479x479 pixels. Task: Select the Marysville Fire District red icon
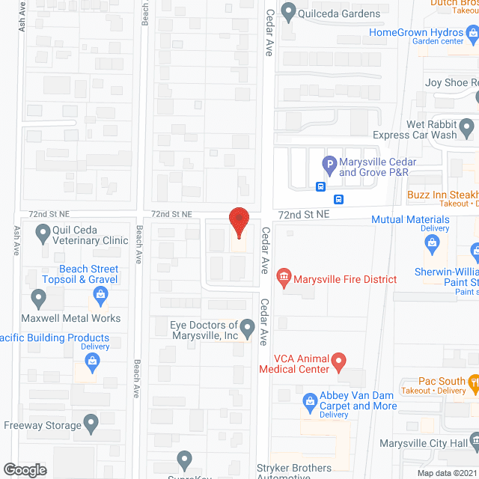(284, 279)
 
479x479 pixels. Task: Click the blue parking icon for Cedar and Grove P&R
(328, 162)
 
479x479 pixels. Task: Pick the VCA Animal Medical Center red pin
(338, 363)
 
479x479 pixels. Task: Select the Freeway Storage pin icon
(91, 424)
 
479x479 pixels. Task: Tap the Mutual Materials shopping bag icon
(431, 242)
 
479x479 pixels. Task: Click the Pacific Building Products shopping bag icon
(93, 364)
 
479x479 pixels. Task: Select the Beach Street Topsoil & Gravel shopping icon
(97, 299)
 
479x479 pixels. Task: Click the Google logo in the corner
(24, 469)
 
